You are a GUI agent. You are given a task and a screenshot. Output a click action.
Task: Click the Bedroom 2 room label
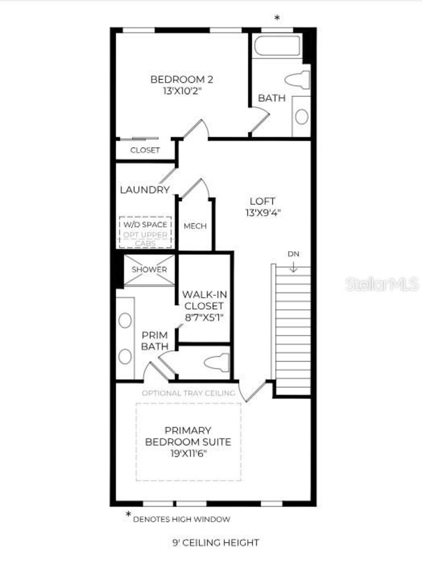pos(182,79)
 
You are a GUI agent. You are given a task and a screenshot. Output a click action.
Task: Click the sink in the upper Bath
pos(302,116)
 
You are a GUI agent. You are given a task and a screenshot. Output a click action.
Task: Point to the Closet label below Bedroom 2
pos(145,150)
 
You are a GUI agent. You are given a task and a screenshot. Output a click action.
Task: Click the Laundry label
pos(145,190)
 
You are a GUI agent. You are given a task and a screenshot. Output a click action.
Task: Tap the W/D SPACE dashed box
pos(145,232)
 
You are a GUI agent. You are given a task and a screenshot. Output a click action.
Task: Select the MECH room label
pos(195,226)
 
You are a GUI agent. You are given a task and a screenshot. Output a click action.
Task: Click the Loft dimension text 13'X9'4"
pos(263,213)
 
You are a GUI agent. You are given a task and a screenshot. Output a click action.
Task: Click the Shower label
pos(149,270)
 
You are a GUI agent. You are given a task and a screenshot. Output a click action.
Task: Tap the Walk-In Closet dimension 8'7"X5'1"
pos(204,318)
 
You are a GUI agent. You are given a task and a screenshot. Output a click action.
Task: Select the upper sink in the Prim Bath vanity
pos(125,321)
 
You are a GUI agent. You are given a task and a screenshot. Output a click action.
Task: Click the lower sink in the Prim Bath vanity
pos(125,357)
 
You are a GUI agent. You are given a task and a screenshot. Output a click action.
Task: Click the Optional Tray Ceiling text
pos(189,393)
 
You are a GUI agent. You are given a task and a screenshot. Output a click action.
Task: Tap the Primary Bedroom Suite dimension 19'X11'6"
pos(188,454)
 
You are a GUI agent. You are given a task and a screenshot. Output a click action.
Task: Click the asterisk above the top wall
pos(277,18)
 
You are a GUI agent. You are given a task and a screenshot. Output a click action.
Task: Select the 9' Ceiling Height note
pos(216,543)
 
